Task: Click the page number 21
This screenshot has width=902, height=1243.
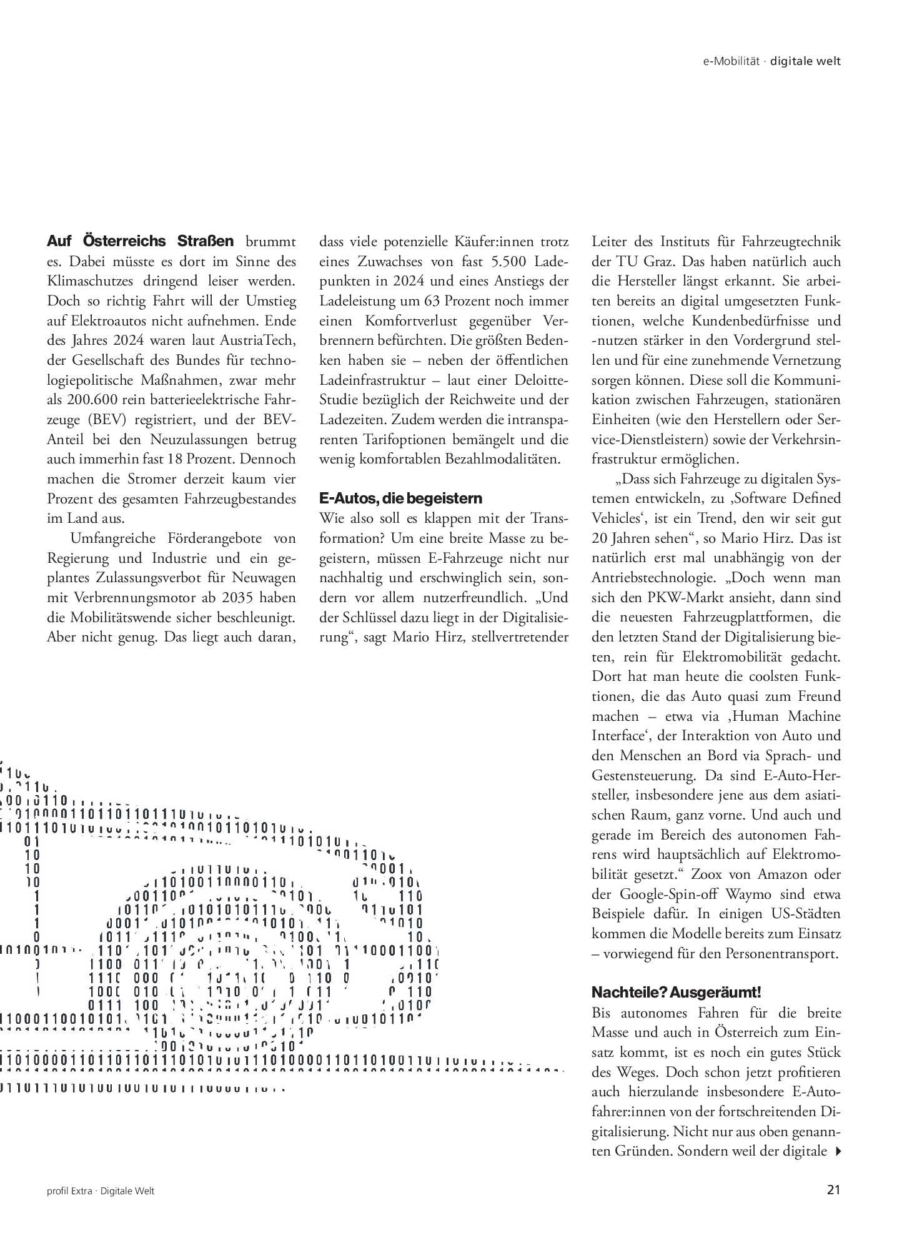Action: [x=833, y=1190]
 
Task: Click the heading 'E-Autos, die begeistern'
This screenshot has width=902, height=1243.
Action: [x=400, y=498]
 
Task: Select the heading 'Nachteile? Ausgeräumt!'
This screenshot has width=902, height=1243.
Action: [x=676, y=993]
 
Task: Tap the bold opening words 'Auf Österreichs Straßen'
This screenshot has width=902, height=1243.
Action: [x=141, y=241]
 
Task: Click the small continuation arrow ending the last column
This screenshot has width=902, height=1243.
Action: [x=838, y=1151]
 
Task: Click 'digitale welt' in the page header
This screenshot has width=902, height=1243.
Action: [x=805, y=61]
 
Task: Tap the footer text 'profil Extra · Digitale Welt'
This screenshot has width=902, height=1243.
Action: [x=101, y=1191]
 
